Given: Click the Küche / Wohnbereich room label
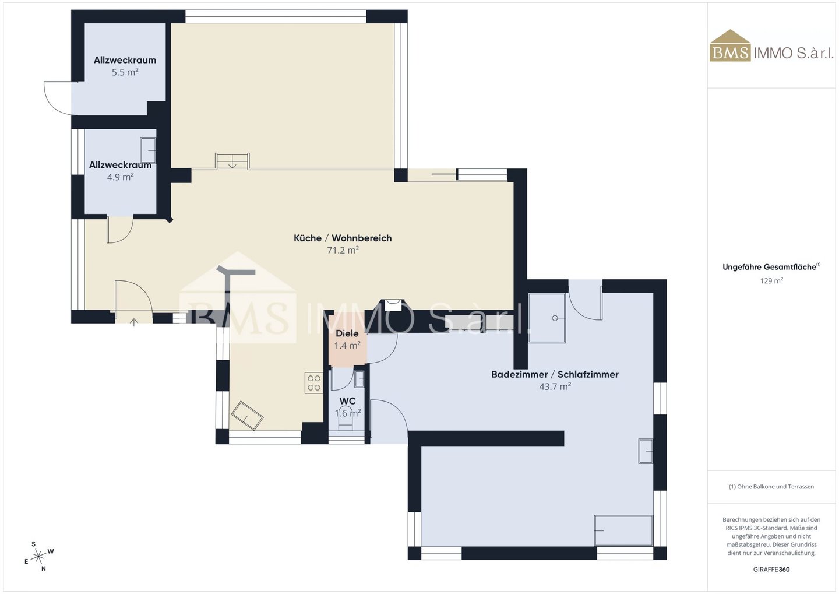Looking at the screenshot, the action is [343, 238].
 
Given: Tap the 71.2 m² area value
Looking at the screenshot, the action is [343, 250].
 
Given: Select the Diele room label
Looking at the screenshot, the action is [347, 333].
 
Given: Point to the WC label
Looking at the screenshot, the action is [347, 400].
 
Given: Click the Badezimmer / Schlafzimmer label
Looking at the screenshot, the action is [555, 374].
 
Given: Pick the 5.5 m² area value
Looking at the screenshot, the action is [125, 72].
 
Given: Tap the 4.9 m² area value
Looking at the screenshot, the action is [120, 177].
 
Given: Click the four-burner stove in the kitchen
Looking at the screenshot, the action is [313, 382].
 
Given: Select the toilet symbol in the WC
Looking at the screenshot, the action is [346, 423].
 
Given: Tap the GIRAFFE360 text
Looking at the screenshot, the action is [771, 570].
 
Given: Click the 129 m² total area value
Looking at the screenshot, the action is [771, 281].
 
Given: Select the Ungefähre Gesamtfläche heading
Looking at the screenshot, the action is [771, 267].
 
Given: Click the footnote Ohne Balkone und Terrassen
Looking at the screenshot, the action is [771, 486].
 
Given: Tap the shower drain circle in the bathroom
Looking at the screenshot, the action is [555, 318].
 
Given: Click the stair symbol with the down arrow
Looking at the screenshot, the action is [232, 161].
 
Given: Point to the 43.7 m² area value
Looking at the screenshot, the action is [555, 386].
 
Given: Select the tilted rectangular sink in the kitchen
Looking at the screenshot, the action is [247, 416].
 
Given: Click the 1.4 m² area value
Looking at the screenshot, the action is [347, 345].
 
